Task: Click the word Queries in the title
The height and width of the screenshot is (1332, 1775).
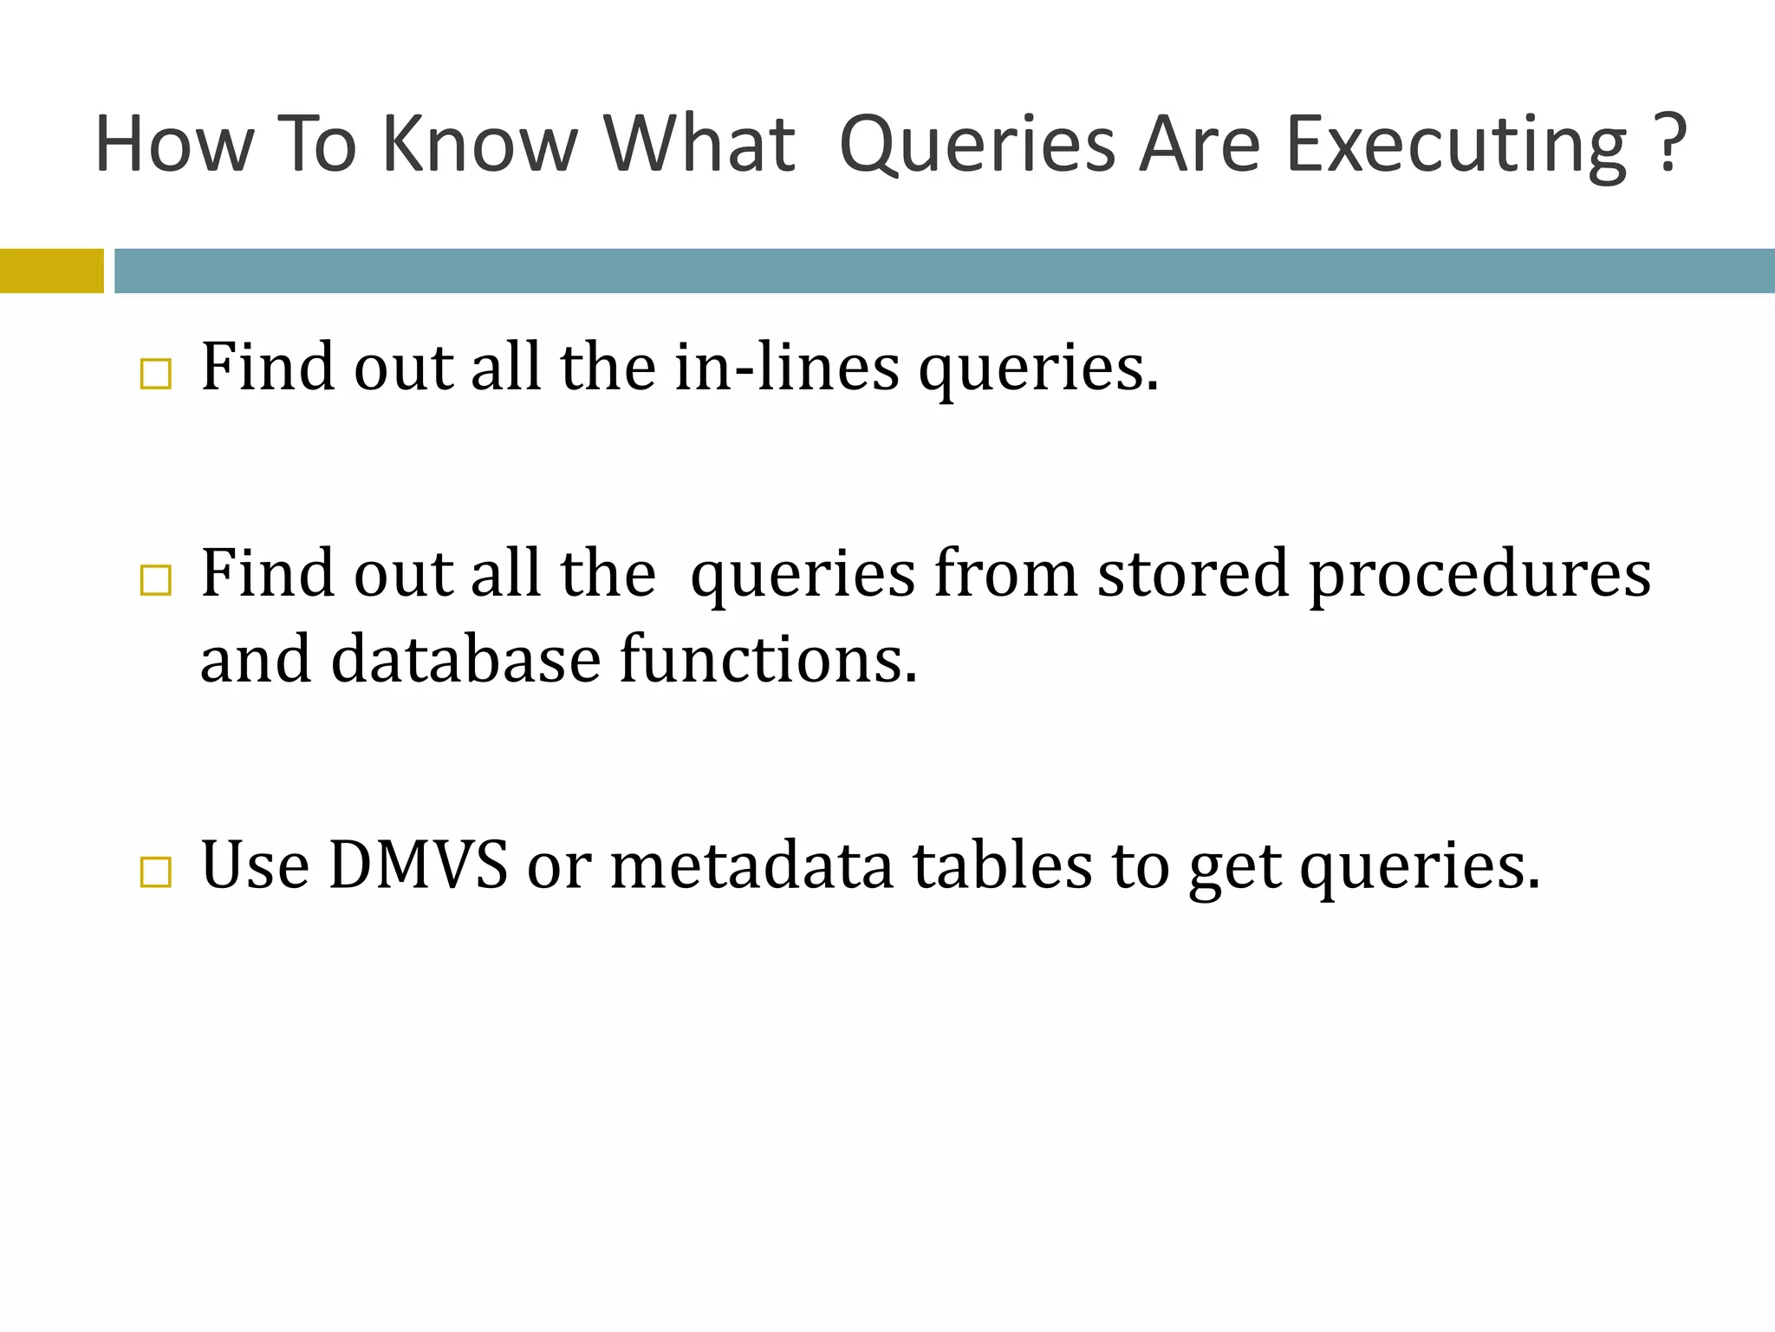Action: [977, 146]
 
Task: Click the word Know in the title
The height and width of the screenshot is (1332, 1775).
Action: [479, 144]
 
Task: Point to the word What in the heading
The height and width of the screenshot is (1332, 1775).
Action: [699, 144]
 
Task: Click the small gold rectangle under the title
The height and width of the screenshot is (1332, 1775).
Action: [51, 271]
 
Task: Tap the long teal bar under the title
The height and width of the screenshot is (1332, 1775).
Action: [944, 271]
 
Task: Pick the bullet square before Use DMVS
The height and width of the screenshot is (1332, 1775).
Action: [155, 872]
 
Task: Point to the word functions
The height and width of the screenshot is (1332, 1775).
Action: [768, 659]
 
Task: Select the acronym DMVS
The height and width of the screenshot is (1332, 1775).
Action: [418, 865]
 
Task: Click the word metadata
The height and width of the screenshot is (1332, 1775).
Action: [751, 865]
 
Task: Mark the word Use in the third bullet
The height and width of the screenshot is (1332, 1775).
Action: [255, 865]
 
